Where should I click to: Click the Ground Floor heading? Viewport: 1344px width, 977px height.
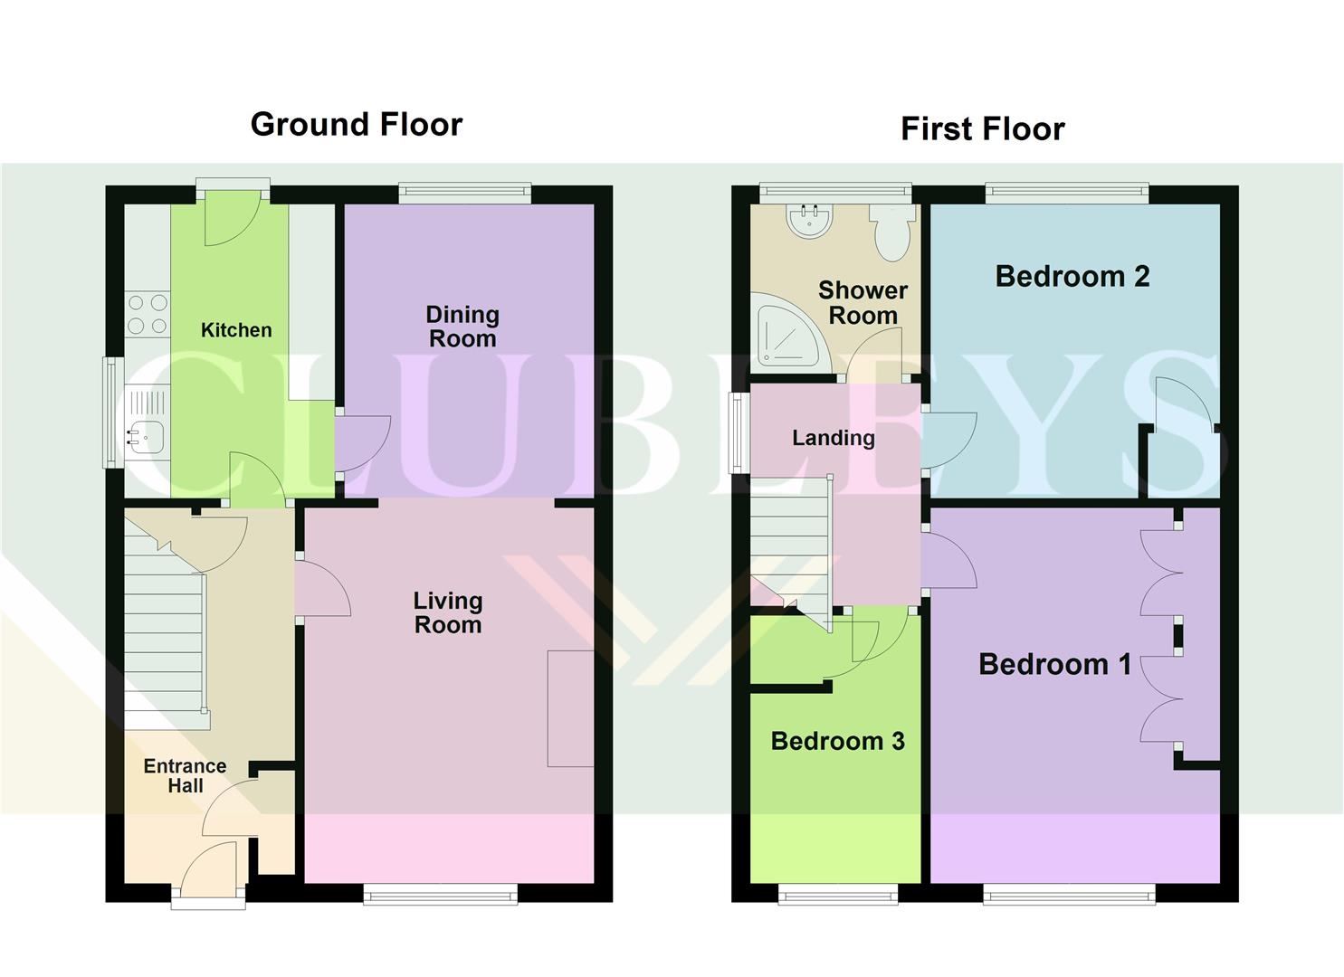[x=356, y=124]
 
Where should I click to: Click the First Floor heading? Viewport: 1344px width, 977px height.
[x=982, y=128]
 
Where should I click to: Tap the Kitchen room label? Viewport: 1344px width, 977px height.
[x=236, y=330]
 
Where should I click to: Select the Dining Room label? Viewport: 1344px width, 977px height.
[x=462, y=327]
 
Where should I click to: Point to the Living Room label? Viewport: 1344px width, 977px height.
[x=448, y=612]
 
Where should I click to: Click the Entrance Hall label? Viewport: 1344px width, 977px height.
[x=186, y=775]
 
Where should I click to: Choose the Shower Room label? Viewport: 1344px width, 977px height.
[x=863, y=302]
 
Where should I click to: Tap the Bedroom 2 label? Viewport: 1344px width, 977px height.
[x=1072, y=276]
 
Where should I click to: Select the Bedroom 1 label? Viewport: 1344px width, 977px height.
[x=1055, y=665]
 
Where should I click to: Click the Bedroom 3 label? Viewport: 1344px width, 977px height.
[x=837, y=741]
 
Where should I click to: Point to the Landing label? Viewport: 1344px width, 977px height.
[x=834, y=438]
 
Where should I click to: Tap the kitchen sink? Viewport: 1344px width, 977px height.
[x=143, y=437]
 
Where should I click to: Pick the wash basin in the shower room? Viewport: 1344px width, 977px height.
[x=809, y=221]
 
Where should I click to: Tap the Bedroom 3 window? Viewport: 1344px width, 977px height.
[x=838, y=895]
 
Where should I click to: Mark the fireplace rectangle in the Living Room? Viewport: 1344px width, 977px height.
[x=570, y=708]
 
